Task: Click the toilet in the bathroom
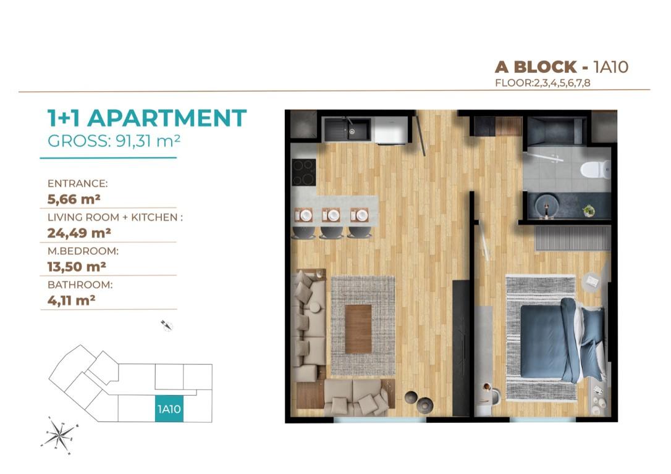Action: click(x=596, y=169)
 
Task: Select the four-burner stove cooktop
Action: click(x=304, y=172)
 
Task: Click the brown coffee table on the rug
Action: click(x=358, y=329)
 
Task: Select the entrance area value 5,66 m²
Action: click(x=74, y=199)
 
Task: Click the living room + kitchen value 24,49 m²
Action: click(x=79, y=233)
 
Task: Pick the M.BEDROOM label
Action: click(x=83, y=251)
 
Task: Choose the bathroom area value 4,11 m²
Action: click(x=71, y=301)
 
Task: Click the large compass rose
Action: click(x=60, y=435)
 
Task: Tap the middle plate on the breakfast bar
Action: click(x=332, y=215)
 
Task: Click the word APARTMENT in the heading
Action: click(x=167, y=118)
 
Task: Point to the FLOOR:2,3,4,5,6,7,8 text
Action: click(x=542, y=83)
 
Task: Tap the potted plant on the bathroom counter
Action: click(x=589, y=210)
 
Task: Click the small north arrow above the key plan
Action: click(x=167, y=325)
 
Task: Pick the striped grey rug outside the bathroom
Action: click(x=573, y=238)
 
